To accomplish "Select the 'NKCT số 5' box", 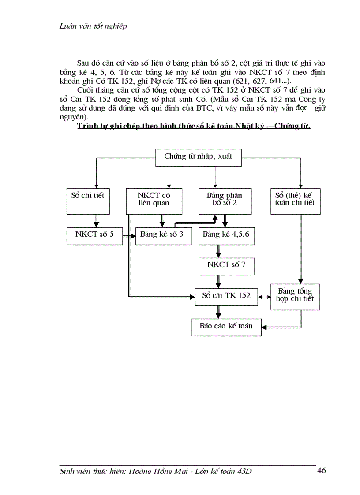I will (94, 235).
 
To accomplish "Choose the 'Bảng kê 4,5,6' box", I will (226, 235).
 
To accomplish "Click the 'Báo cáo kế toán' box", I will (226, 327).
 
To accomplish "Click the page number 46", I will (322, 470).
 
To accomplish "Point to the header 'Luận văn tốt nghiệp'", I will (93, 26).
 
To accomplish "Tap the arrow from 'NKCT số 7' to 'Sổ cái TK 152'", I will (218, 281).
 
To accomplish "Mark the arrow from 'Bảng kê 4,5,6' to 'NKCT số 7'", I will (218, 251).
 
